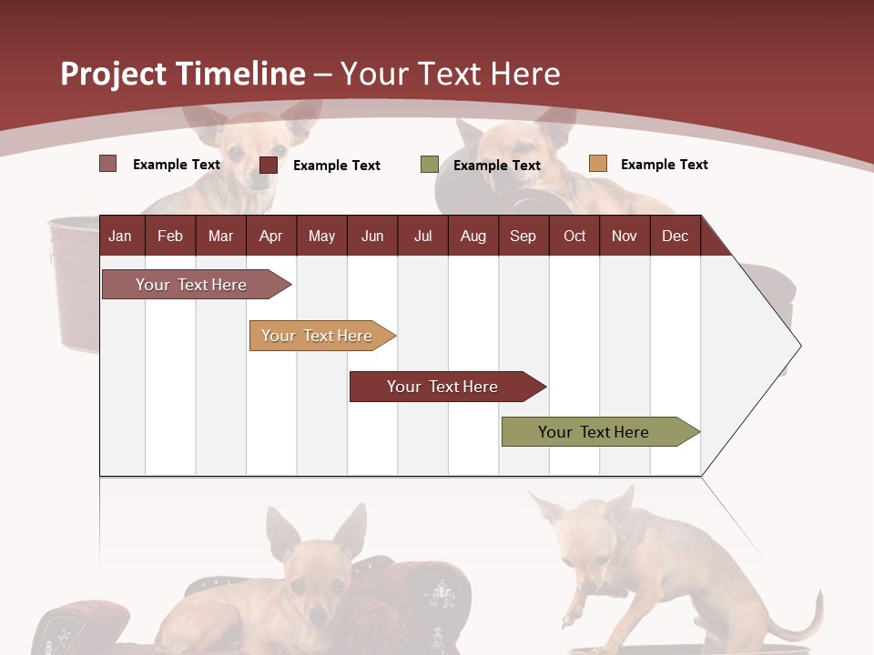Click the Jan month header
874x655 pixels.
[x=120, y=236]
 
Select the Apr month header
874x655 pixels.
[x=270, y=236]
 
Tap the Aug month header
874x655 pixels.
[x=473, y=236]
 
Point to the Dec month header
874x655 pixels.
[x=675, y=236]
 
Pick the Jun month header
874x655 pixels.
[x=371, y=236]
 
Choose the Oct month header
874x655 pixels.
[x=574, y=236]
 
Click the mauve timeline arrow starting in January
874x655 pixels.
[x=191, y=285]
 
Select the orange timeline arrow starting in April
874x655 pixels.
[x=317, y=336]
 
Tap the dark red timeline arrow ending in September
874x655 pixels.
[x=442, y=387]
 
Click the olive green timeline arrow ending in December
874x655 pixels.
[x=594, y=432]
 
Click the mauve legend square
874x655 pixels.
[x=107, y=164]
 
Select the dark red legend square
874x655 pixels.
[x=268, y=165]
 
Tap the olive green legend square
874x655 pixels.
[x=429, y=165]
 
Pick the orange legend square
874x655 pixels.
[x=597, y=164]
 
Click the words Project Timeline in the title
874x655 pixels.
[x=182, y=74]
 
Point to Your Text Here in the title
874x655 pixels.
[x=450, y=74]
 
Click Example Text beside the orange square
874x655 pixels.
[x=664, y=165]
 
